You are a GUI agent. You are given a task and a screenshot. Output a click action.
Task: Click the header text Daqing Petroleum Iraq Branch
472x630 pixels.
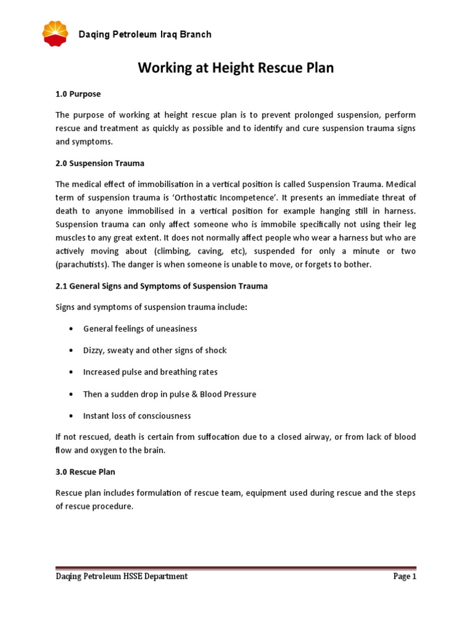click(x=144, y=34)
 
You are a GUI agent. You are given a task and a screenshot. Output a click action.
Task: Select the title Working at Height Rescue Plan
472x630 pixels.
click(x=236, y=68)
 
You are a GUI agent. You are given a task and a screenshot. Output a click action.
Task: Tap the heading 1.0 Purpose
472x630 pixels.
click(x=78, y=94)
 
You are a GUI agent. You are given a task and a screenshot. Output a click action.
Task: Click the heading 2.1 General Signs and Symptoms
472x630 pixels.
click(x=162, y=286)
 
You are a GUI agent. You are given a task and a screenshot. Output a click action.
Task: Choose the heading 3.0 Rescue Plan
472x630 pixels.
click(x=85, y=472)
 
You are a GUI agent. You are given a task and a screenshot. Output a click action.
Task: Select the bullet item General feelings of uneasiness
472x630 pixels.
click(x=140, y=329)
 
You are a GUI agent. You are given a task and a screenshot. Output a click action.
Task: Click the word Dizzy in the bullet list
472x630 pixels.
click(x=93, y=350)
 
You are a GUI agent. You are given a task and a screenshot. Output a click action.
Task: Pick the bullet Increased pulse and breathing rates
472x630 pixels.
click(x=151, y=372)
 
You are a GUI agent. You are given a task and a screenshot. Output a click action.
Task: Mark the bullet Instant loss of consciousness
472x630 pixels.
click(x=137, y=416)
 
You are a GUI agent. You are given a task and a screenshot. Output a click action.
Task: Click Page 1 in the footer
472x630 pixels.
click(x=404, y=576)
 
